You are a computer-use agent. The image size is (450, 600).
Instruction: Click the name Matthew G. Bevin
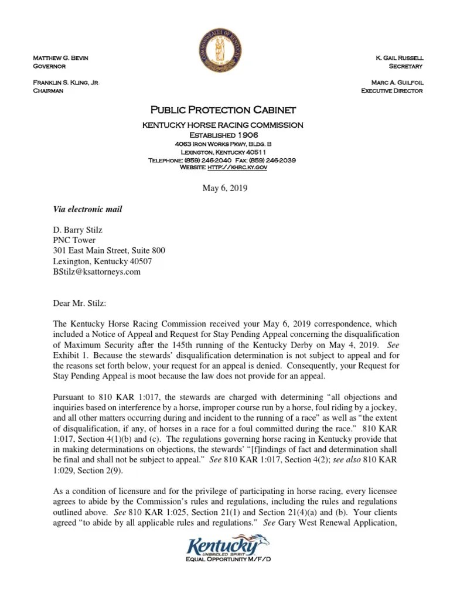tap(61, 57)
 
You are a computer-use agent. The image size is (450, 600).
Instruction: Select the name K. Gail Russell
tap(399, 57)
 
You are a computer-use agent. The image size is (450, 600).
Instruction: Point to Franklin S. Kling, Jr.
tap(66, 83)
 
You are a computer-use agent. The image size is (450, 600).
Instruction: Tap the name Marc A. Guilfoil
tap(396, 83)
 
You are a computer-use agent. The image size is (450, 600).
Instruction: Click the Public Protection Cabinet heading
tap(224, 110)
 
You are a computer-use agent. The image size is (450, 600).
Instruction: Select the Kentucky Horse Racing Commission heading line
tap(224, 125)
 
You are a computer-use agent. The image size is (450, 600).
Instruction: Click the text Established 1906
tap(224, 134)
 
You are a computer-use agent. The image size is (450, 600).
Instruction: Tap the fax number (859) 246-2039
tap(271, 160)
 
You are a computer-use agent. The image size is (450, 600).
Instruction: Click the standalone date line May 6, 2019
tap(224, 189)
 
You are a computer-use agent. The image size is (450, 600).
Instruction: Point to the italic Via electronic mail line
tap(88, 209)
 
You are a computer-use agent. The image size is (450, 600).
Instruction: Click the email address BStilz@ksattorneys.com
tap(97, 272)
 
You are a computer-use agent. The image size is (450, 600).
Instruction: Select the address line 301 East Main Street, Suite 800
tap(105, 251)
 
